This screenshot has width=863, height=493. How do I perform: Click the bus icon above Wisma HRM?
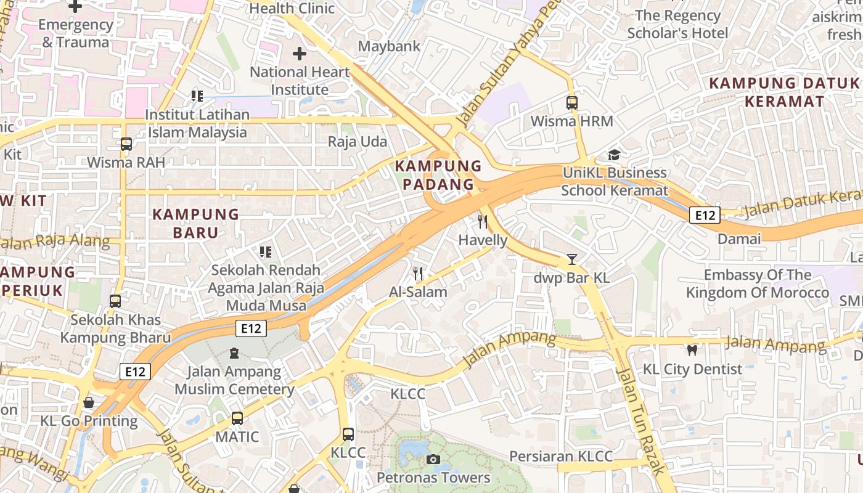(x=572, y=103)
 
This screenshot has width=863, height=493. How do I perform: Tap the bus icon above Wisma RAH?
(x=126, y=144)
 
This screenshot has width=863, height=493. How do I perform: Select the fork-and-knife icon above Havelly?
(x=483, y=222)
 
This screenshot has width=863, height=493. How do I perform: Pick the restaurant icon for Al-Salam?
(x=419, y=273)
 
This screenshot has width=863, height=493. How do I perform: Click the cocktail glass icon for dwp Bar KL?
(x=572, y=259)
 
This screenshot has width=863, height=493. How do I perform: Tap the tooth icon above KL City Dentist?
(x=692, y=351)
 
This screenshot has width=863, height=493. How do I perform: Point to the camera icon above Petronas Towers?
(x=433, y=459)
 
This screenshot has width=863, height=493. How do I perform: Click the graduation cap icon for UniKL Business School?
(x=615, y=155)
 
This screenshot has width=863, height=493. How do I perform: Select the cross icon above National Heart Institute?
(x=300, y=54)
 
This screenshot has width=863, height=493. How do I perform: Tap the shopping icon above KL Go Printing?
(x=89, y=402)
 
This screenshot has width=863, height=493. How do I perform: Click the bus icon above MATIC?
(x=237, y=418)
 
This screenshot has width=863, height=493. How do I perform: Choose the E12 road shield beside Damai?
(x=705, y=215)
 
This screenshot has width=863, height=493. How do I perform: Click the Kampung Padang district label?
(x=438, y=175)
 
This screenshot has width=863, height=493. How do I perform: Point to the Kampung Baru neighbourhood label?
(x=195, y=223)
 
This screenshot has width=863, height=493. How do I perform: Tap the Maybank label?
(x=389, y=46)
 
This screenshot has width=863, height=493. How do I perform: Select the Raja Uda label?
(x=358, y=142)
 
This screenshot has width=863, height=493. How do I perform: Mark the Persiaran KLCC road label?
(x=561, y=457)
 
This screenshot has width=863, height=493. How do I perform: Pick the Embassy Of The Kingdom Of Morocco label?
(x=758, y=283)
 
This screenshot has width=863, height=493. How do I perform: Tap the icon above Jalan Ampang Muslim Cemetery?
(x=234, y=353)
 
